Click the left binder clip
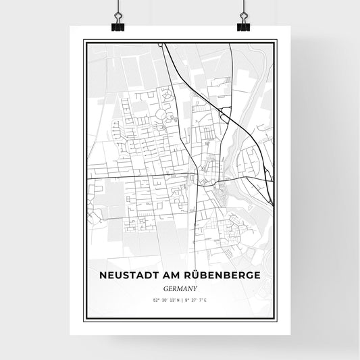pyautogui.click(x=118, y=26)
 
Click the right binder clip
pyautogui.click(x=243, y=26)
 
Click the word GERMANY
pyautogui.click(x=180, y=287)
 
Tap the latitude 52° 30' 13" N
pyautogui.click(x=165, y=299)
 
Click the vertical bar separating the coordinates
pyautogui.click(x=180, y=299)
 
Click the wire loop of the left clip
pyautogui.click(x=118, y=15)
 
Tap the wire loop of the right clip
pyautogui.click(x=243, y=15)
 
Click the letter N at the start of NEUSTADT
pyautogui.click(x=103, y=276)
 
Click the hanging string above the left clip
pyautogui.click(x=118, y=5)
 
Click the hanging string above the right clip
pyautogui.click(x=243, y=5)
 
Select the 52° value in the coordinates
pyautogui.click(x=156, y=299)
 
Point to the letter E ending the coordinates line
pyautogui.click(x=205, y=299)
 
